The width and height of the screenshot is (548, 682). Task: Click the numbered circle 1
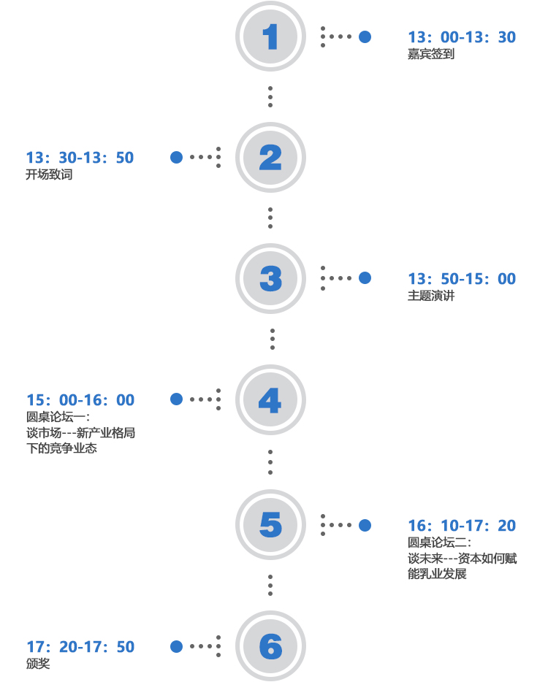pos(270,36)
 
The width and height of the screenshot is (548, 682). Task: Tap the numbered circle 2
pos(270,157)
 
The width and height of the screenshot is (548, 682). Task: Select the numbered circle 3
pos(270,278)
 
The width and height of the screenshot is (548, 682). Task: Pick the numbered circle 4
pos(270,399)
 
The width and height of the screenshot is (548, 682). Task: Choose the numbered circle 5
pos(270,524)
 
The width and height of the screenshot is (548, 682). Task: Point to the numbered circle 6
pos(270,646)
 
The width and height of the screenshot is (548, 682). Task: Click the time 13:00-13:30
pos(462,37)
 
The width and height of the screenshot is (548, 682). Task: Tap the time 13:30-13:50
pos(80,158)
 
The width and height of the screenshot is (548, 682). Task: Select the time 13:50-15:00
pos(462,279)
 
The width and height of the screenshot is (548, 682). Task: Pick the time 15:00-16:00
pos(80,400)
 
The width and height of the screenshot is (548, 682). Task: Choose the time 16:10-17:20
pos(462,526)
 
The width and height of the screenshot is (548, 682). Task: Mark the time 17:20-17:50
pos(80,647)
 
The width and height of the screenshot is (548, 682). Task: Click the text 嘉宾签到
pos(431,54)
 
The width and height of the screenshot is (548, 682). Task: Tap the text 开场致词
pos(49,175)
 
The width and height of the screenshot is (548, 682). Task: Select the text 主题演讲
pos(431,296)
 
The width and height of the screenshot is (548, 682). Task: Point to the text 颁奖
pos(38,664)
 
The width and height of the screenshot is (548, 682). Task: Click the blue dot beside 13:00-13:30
pos(365,37)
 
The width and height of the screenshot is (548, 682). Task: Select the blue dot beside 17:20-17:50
pos(176,646)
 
